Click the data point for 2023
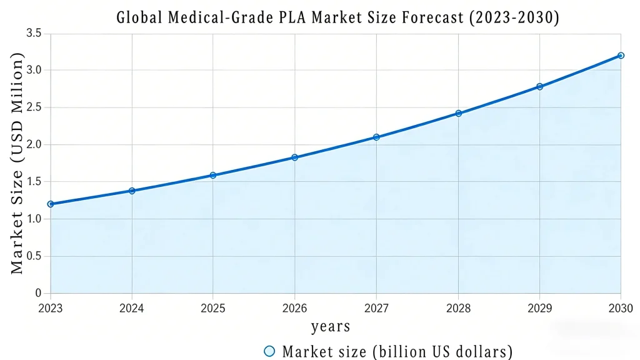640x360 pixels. point(51,204)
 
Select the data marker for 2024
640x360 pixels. point(132,191)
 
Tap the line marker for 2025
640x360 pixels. point(213,175)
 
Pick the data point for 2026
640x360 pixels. point(295,157)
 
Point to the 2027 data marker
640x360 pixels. point(376,137)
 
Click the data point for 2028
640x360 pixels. point(458,113)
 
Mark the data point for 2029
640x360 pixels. point(539,86)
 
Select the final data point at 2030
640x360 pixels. point(621,56)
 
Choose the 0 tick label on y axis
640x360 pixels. point(38,293)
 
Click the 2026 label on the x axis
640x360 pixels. point(295,307)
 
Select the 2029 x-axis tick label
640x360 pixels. point(539,307)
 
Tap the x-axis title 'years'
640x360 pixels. point(331,326)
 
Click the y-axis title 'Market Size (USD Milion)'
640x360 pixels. point(17,163)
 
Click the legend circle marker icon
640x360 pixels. point(269,351)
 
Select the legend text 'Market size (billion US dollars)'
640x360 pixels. point(397,351)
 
